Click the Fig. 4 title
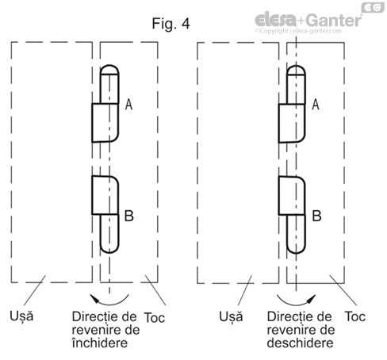pos(171,24)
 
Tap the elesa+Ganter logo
pos(308,20)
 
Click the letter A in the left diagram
pos(128,105)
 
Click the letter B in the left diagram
pos(129,216)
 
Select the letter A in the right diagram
pos(316,105)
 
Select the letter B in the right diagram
pos(316,216)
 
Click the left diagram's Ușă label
pos(21,316)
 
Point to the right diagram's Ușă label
pos(231,316)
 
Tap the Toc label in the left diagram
pos(155,317)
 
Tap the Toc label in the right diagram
pos(355,316)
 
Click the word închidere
pos(100,343)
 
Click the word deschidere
pos(300,343)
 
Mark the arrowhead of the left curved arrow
pos(94,298)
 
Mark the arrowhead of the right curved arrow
pos(312,298)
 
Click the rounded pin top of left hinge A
pos(109,70)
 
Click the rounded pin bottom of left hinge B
pos(109,248)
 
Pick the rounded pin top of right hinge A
pos(296,70)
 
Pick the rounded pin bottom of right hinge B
pos(296,248)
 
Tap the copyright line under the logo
pos(298,31)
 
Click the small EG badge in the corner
pos(373,7)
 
